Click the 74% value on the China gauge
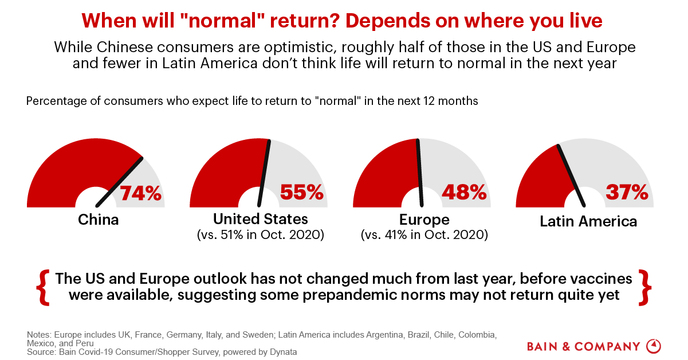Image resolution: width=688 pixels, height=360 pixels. tap(141, 193)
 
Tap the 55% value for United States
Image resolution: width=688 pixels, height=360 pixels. tap(302, 192)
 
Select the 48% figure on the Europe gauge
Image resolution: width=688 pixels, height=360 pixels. tap(465, 192)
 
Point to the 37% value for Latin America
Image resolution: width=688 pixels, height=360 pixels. tap(627, 192)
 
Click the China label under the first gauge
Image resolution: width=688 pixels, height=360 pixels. tap(98, 220)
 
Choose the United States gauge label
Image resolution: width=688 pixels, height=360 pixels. tap(261, 219)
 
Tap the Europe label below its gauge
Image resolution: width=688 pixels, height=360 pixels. tap(424, 220)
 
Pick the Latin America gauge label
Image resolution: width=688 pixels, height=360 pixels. tap(588, 221)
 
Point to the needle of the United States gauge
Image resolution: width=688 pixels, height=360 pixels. tap(264, 172)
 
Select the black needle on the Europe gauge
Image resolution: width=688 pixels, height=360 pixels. tap(420, 172)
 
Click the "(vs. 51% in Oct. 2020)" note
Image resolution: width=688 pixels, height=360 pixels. tap(261, 234)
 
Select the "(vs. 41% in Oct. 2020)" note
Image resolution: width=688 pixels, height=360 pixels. tap(424, 234)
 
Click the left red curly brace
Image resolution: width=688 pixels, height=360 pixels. tap(42, 287)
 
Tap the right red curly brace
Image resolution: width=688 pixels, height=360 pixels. tap(646, 287)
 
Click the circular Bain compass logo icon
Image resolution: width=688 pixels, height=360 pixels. tap(654, 346)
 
